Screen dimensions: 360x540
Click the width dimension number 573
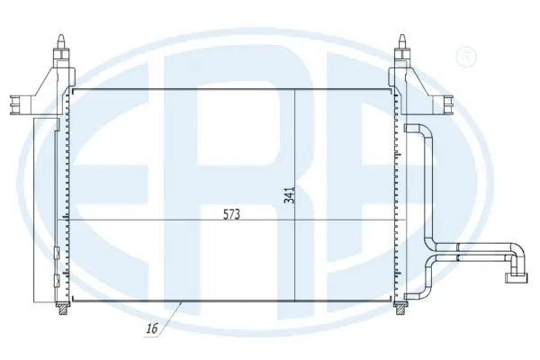click(233, 215)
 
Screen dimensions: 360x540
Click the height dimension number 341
click(290, 194)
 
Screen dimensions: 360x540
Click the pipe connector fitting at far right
click(517, 265)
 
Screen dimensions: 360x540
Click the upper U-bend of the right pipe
click(423, 131)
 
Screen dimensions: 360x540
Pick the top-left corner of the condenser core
click(72, 89)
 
